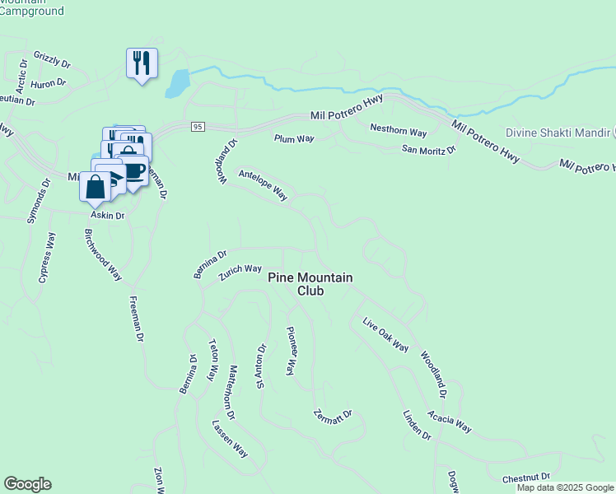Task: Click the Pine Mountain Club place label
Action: [x=310, y=284]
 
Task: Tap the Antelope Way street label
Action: [x=262, y=185]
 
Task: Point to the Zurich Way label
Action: [x=240, y=273]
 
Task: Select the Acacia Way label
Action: [x=450, y=422]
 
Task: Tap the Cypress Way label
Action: [x=47, y=258]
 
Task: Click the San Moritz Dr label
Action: [x=428, y=150]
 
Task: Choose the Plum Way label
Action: [x=294, y=138]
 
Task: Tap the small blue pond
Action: [x=177, y=82]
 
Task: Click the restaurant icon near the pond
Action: [x=142, y=63]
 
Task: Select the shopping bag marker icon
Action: [x=96, y=186]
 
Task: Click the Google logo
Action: [x=27, y=484]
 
